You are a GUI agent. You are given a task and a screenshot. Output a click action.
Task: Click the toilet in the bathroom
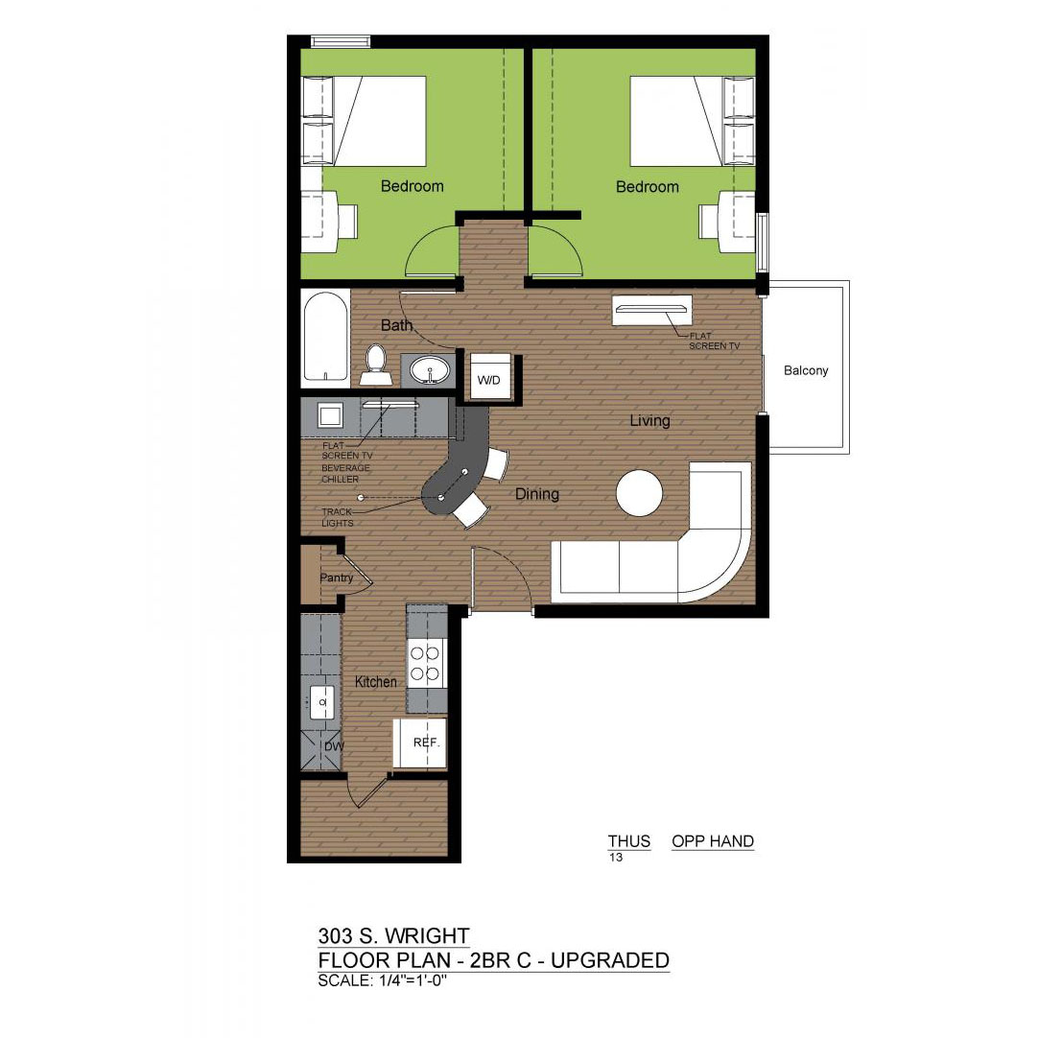coord(377,366)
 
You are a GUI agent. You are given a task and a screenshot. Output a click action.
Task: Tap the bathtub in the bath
coord(325,338)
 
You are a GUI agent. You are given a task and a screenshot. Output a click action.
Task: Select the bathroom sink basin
coord(428,369)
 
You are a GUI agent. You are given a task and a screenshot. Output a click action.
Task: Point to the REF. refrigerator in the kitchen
coord(420,743)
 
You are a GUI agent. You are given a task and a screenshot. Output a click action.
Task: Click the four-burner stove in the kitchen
coord(426,664)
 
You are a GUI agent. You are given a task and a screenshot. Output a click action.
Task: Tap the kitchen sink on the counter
coord(322,701)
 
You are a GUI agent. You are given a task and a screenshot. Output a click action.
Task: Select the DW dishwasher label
coord(334,746)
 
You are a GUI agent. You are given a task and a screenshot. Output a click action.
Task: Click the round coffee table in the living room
coord(640,492)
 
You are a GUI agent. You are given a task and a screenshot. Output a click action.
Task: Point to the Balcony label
coord(806,370)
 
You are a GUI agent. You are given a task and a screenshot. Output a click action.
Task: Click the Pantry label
coord(337,578)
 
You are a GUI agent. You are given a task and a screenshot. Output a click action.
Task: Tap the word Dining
coord(537,494)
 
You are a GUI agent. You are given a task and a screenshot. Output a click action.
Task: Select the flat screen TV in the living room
coord(652,311)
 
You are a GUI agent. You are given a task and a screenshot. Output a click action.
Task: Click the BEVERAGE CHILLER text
coord(345,473)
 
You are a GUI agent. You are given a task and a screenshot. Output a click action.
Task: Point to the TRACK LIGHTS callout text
coord(338,517)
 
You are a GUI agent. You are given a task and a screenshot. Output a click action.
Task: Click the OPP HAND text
coord(712,841)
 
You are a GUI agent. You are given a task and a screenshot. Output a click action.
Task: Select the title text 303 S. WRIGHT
coord(394,936)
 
